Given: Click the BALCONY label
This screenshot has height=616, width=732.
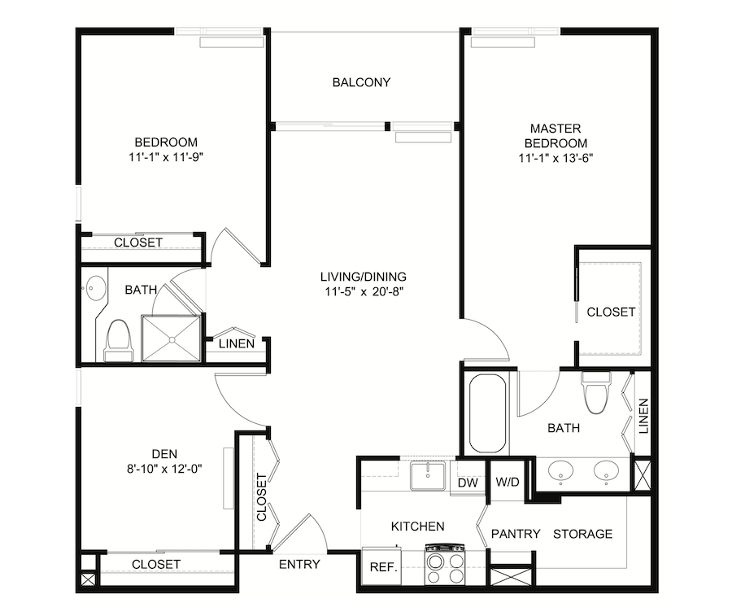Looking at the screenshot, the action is pyautogui.click(x=361, y=82).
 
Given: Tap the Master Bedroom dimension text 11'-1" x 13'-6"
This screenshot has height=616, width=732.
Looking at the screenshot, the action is pyautogui.click(x=556, y=159).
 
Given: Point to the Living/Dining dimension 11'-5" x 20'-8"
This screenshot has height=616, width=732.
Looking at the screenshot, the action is pyautogui.click(x=364, y=292).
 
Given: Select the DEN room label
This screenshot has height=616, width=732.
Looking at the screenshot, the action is pyautogui.click(x=164, y=453).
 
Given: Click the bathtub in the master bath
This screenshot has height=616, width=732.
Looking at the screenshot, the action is pyautogui.click(x=487, y=413).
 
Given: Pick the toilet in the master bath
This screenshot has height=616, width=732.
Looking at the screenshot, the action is pyautogui.click(x=595, y=392).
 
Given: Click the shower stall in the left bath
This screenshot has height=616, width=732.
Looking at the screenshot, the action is pyautogui.click(x=172, y=339).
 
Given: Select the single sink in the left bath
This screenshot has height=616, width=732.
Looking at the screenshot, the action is pyautogui.click(x=96, y=288).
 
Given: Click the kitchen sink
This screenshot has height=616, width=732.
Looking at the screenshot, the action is pyautogui.click(x=428, y=476).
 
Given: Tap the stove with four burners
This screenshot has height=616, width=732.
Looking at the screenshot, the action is pyautogui.click(x=444, y=564).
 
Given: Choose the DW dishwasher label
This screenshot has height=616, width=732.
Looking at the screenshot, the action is pyautogui.click(x=468, y=483).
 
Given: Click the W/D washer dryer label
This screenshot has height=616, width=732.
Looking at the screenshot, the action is pyautogui.click(x=508, y=482).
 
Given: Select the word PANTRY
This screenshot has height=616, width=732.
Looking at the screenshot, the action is pyautogui.click(x=516, y=534).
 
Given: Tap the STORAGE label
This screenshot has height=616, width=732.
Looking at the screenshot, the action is pyautogui.click(x=582, y=534).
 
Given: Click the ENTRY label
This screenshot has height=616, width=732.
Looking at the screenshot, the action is pyautogui.click(x=299, y=564).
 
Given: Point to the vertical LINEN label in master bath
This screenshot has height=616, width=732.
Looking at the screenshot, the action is pyautogui.click(x=644, y=416).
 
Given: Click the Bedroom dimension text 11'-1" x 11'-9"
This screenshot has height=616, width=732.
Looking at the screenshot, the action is pyautogui.click(x=166, y=157).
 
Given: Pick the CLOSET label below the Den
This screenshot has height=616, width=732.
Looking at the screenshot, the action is pyautogui.click(x=156, y=564).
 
